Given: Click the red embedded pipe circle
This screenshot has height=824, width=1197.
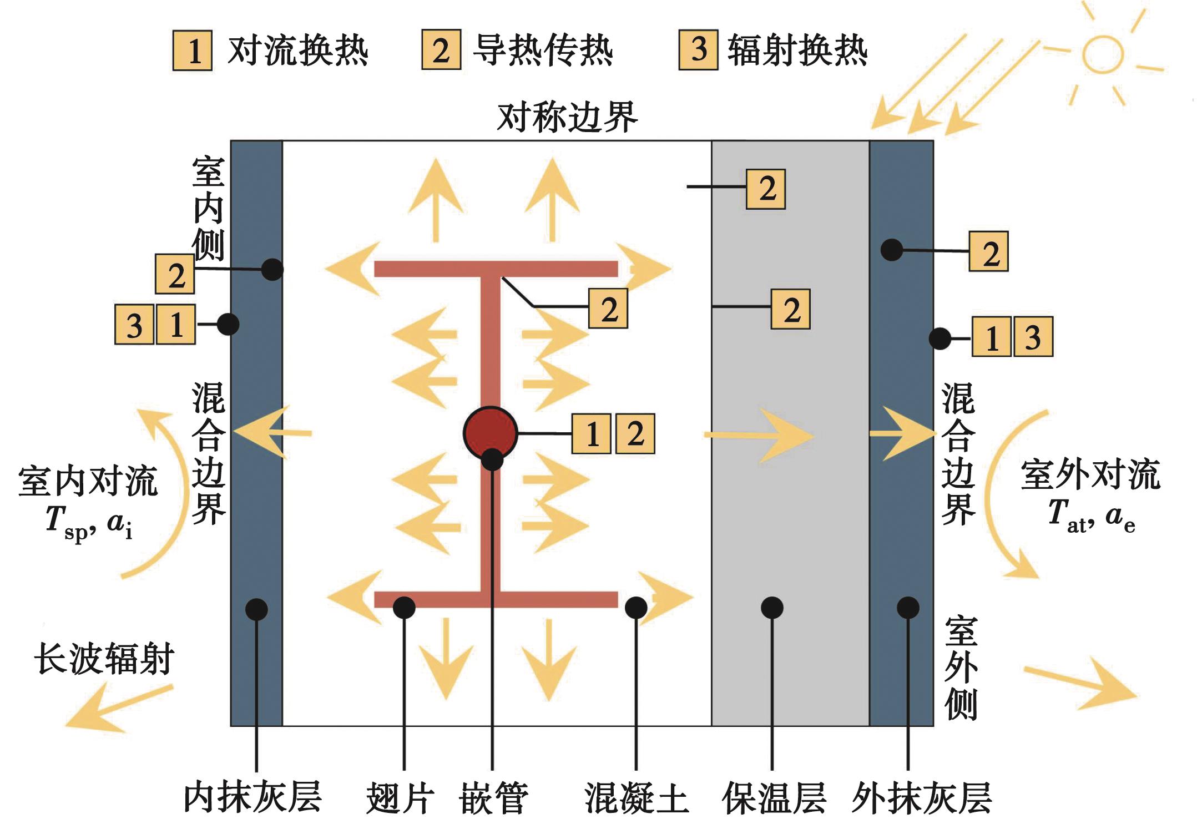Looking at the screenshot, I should click(490, 433).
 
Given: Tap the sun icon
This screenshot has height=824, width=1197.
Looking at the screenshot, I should click(1103, 54).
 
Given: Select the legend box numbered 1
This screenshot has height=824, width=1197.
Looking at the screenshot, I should click(192, 50).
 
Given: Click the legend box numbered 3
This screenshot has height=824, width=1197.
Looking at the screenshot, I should click(698, 50).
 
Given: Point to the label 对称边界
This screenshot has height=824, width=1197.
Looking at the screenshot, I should click(567, 117).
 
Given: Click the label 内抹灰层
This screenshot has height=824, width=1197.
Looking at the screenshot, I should click(252, 797).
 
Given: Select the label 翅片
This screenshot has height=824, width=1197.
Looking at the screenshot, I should click(400, 798).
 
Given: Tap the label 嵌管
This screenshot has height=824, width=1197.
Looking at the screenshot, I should click(493, 798).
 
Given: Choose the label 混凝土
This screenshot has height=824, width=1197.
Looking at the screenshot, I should click(637, 798).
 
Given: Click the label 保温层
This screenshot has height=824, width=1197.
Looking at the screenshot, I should click(774, 798).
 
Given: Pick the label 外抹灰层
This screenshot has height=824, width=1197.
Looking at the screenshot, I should click(921, 798).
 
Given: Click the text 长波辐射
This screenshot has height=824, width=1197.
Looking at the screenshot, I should click(104, 659).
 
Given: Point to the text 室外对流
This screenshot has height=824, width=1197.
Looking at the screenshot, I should click(1090, 476).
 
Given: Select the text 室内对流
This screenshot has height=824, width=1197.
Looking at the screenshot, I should click(88, 481).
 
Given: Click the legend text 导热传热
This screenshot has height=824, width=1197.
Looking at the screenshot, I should click(542, 50).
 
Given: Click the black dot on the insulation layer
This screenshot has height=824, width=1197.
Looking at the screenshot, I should click(771, 608).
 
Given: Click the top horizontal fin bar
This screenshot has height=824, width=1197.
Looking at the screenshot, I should click(496, 269).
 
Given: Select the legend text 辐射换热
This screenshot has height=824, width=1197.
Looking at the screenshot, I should click(797, 50).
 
